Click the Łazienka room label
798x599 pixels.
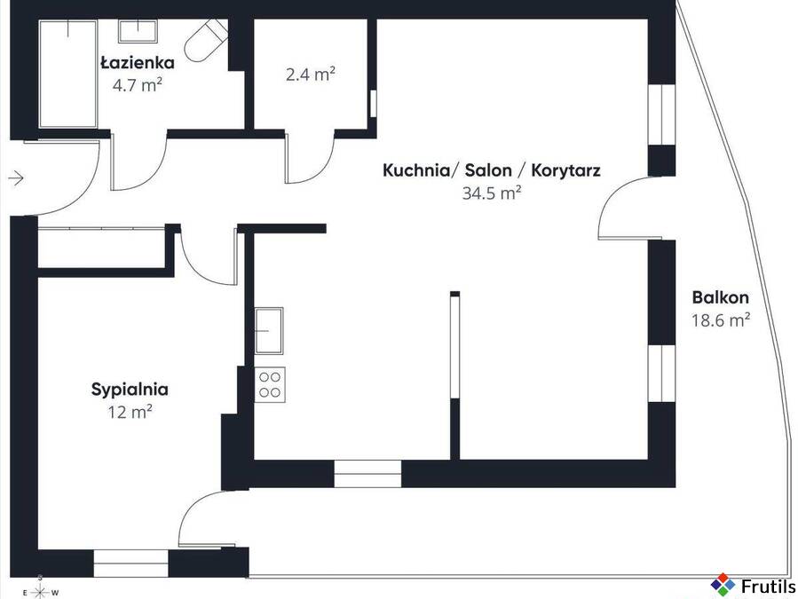[138, 63]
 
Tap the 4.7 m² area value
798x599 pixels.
[138, 85]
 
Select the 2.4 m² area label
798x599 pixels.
[311, 75]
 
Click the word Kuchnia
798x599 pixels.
[415, 170]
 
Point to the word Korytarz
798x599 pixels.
[565, 170]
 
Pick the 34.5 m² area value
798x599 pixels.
[492, 193]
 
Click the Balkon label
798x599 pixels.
[720, 297]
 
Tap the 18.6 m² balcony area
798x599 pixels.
[720, 320]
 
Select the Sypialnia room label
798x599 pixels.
[130, 390]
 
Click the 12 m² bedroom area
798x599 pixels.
[130, 412]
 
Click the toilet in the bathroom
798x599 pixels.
[206, 40]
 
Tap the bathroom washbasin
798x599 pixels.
[138, 31]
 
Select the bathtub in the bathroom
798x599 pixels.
[68, 74]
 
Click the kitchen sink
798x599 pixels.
[269, 331]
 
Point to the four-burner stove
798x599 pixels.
[270, 385]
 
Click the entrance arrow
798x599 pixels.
[16, 178]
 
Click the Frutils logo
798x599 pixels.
[754, 586]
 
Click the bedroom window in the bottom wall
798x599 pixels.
[130, 564]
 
